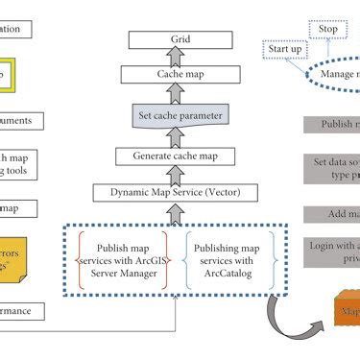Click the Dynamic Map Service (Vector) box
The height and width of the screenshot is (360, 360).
pos(175,192)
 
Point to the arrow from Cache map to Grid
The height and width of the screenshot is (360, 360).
pos(175,57)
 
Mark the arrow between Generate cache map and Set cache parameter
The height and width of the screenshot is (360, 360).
pos(175,136)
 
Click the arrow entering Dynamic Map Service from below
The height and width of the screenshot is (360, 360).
pos(175,212)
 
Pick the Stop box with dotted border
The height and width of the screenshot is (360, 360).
pos(327,30)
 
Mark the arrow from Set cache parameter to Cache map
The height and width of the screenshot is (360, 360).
pos(175,93)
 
